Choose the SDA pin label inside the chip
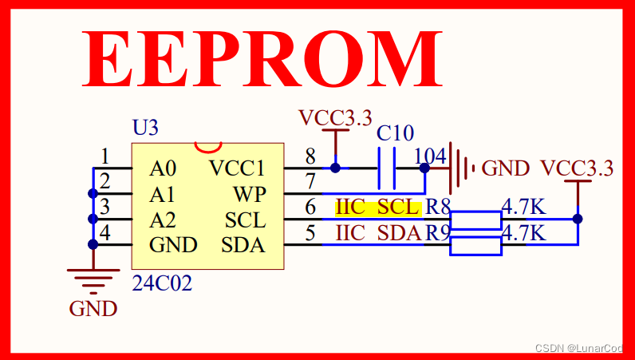[x=243, y=245]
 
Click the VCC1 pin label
[x=236, y=168]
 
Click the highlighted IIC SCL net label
[x=377, y=208]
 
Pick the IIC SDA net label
[x=377, y=233]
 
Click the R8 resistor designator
[x=438, y=208]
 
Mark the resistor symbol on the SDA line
[x=475, y=245]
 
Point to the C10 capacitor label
[x=395, y=133]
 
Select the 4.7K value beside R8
[x=523, y=208]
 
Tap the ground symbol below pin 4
[x=93, y=277]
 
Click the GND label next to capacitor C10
[x=505, y=168]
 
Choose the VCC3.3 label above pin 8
[x=335, y=118]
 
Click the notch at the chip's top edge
[x=208, y=147]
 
